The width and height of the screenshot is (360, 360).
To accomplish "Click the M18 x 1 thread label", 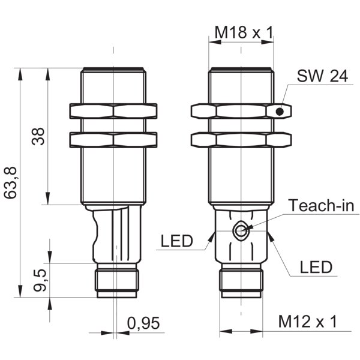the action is (x=244, y=32).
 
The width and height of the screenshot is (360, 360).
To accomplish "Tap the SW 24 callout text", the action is (x=322, y=76).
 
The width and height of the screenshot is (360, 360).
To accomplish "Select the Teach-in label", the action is (x=321, y=205).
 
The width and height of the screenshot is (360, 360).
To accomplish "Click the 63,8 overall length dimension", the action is (x=11, y=182).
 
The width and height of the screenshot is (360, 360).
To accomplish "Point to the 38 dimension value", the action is (x=38, y=136).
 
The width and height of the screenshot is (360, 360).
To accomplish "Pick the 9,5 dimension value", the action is (x=40, y=280).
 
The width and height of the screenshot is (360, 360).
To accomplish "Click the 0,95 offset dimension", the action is (x=143, y=323).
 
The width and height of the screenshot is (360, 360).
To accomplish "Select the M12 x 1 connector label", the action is (x=308, y=322).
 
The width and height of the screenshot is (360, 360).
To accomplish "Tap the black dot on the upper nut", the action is (x=280, y=112).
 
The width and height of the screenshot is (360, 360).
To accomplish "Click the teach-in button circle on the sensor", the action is (x=240, y=231).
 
